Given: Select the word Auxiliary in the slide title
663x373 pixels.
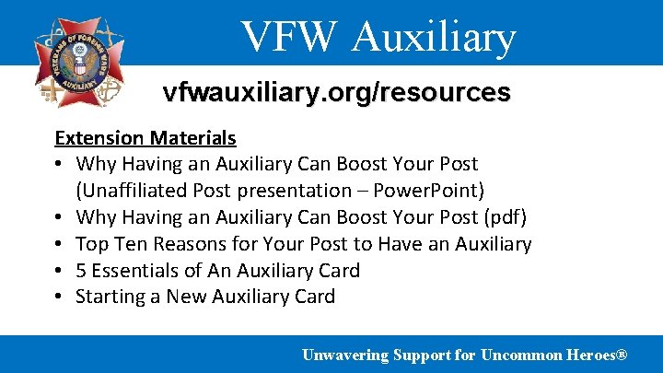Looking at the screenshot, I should pyautogui.click(x=435, y=37).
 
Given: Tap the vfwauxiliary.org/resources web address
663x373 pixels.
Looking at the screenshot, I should pyautogui.click(x=336, y=93).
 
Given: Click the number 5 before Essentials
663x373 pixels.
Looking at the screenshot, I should pyautogui.click(x=81, y=271).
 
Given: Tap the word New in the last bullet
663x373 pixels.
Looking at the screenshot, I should pyautogui.click(x=186, y=297).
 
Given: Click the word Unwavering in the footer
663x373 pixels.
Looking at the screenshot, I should pyautogui.click(x=344, y=355).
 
